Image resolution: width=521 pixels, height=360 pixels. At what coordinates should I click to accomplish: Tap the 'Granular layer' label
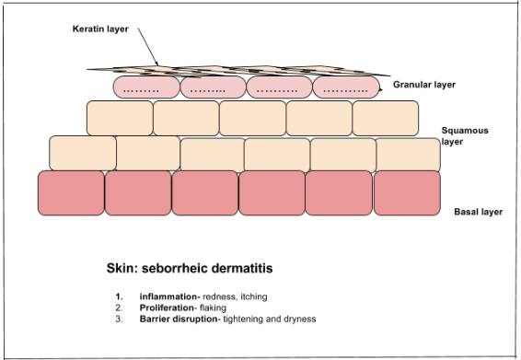(x=424, y=85)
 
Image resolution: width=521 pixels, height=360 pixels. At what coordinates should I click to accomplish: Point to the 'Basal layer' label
(x=478, y=212)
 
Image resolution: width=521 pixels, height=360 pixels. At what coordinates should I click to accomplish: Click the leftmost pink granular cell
(x=145, y=87)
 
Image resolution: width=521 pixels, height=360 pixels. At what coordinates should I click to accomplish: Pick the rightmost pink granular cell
(x=345, y=87)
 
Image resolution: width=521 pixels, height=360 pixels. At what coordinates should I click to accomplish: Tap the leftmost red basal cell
(x=71, y=192)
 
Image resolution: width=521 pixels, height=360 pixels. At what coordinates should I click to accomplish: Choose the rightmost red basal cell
(x=407, y=192)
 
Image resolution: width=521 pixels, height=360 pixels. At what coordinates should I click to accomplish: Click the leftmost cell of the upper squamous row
(x=119, y=118)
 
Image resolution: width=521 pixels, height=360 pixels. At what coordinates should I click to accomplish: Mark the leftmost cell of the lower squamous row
(x=82, y=153)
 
